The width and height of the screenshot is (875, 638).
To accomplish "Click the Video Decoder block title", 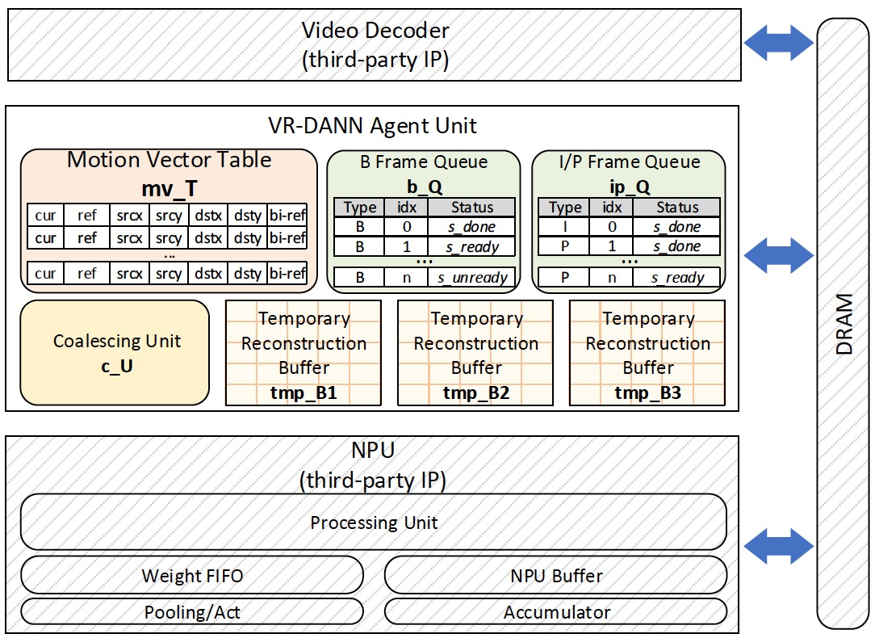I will tap(375, 32).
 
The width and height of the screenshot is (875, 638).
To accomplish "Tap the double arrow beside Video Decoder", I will tap(777, 43).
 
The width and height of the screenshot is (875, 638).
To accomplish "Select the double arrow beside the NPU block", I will tap(777, 547).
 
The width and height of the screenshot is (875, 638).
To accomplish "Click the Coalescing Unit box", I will tap(115, 352).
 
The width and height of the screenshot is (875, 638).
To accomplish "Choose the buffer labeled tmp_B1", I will tap(304, 353).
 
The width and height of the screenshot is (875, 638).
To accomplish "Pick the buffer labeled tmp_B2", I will tap(475, 353).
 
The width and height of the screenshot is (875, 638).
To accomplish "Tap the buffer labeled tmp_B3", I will tap(647, 353).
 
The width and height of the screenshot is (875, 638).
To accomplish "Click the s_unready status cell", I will tap(472, 278).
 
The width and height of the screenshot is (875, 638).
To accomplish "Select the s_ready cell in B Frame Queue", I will tap(472, 246).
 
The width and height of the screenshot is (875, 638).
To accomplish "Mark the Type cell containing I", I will tap(564, 227).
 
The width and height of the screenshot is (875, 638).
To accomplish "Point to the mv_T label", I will tap(169, 189).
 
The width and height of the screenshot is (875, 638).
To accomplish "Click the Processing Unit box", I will tap(373, 523).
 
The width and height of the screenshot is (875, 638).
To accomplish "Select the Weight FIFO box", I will tap(192, 576).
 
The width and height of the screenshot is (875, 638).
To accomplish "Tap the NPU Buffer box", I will tap(555, 576).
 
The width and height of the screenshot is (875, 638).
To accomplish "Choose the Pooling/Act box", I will tap(192, 612).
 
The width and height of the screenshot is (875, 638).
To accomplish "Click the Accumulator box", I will tap(555, 612).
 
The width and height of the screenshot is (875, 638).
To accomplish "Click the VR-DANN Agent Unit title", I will tap(372, 126).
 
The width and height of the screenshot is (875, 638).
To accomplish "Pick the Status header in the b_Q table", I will tap(472, 208).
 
